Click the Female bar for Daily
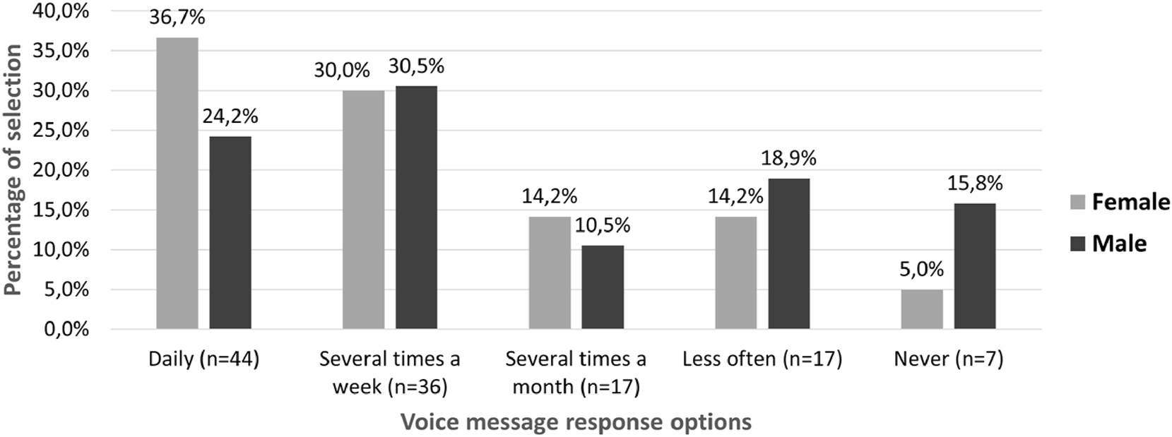tap(177, 184)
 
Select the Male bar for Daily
tap(230, 233)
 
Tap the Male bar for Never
tap(975, 266)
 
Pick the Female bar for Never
tap(922, 309)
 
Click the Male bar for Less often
tap(789, 254)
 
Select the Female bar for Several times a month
tap(550, 273)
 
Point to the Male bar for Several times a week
tap(416, 208)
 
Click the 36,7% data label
tap(177, 18)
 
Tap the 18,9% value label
tap(789, 159)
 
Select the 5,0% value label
tap(922, 270)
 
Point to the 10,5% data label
tap(603, 226)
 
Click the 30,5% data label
tap(416, 66)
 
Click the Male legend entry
tap(1108, 244)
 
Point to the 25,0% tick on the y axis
tap(66, 131)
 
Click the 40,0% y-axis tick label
tap(66, 11)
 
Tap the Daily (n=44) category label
tap(204, 359)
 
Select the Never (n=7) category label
tap(948, 359)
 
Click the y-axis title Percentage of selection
tap(13, 170)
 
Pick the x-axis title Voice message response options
tap(576, 422)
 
